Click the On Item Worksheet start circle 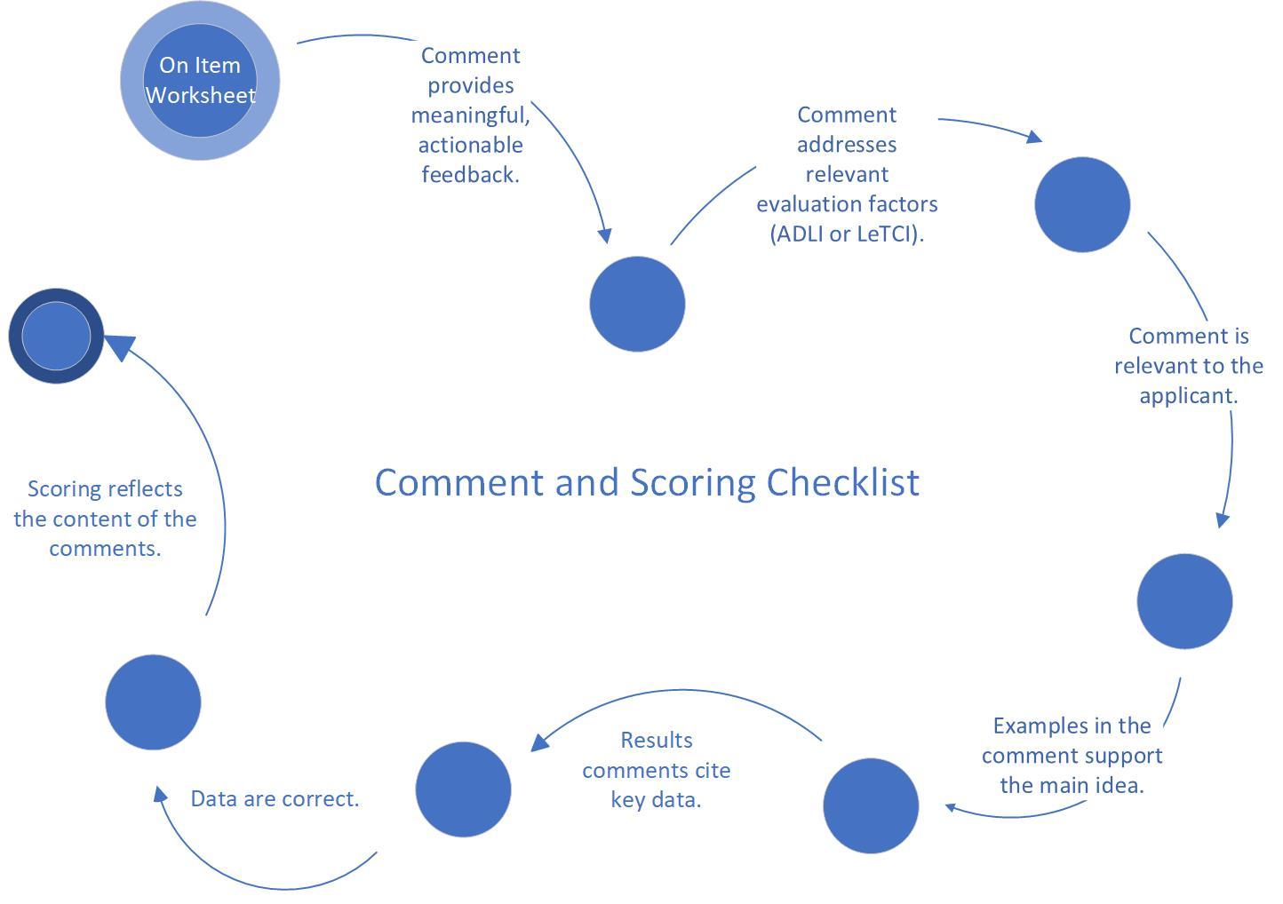coord(200,81)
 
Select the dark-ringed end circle coord(56,336)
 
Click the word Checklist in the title coord(842,482)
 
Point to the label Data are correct coord(275,798)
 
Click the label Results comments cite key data coord(656,770)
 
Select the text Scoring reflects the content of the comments coord(105,519)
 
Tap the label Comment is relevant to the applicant coord(1188,366)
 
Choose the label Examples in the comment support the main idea coord(1072,756)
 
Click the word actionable coord(470,145)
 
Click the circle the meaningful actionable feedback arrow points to coord(637,304)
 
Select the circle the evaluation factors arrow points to coord(1081,204)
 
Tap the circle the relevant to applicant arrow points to coord(1184,601)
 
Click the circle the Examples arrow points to coord(870,805)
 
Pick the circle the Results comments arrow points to coord(463,789)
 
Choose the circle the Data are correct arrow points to coord(153,702)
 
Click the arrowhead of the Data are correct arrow coord(161,794)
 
